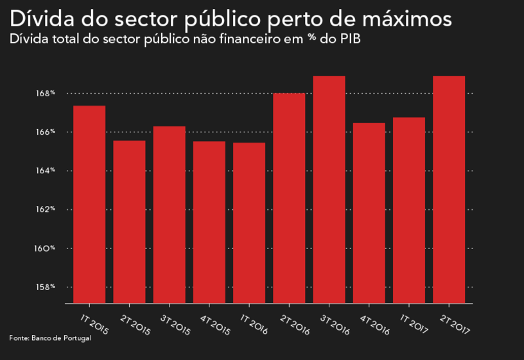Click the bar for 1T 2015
pos(89,204)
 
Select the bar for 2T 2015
pos(129,221)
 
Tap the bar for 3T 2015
pos(169,214)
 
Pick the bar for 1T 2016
pos(249,223)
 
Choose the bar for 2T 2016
pos(289,198)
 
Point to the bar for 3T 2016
pos(329,189)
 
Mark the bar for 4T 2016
pos(369,212)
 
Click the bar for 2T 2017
pos(449,189)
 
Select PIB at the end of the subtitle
pos(351,39)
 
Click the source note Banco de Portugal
pos(61,338)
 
